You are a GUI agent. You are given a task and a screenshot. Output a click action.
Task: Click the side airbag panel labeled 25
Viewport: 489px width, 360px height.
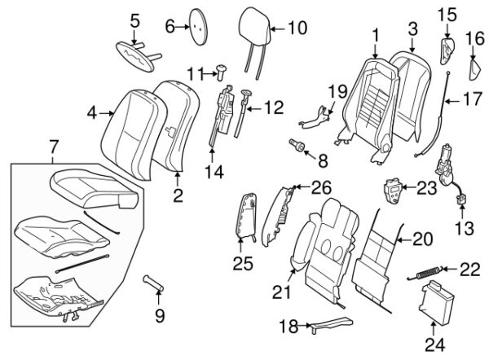click(x=247, y=216)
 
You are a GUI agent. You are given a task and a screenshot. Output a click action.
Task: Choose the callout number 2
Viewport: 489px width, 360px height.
click(x=177, y=195)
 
